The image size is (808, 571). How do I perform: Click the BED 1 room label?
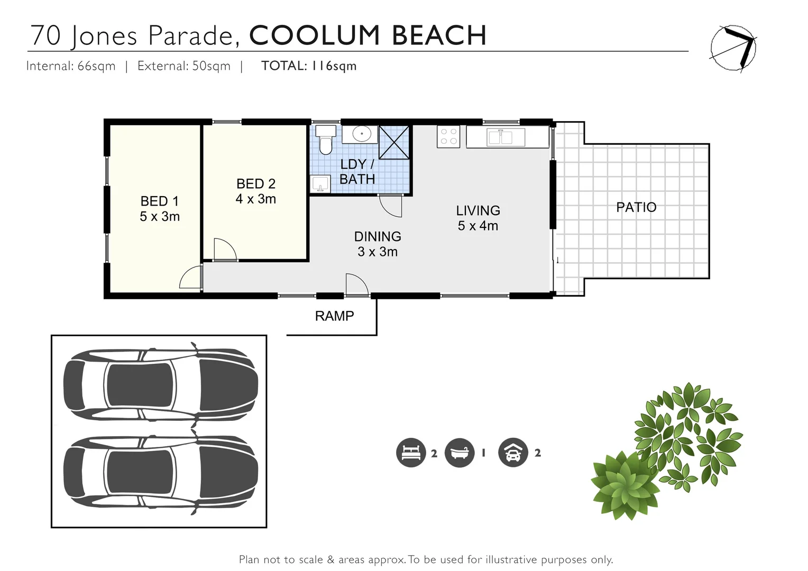pyautogui.click(x=160, y=201)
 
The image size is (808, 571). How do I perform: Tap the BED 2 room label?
pyautogui.click(x=256, y=183)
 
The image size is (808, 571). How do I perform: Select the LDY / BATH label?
pyautogui.click(x=357, y=172)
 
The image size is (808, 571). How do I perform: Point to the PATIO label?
pyautogui.click(x=636, y=207)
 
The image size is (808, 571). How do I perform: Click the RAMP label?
pyautogui.click(x=334, y=316)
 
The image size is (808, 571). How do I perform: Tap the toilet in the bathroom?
pyautogui.click(x=326, y=140)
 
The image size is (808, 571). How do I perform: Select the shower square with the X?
pyautogui.click(x=394, y=142)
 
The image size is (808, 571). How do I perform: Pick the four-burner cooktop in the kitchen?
pyautogui.click(x=448, y=137)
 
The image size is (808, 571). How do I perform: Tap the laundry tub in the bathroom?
pyautogui.click(x=320, y=184)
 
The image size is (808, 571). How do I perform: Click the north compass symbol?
pyautogui.click(x=733, y=48)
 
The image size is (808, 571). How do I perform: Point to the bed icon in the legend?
pyautogui.click(x=411, y=453)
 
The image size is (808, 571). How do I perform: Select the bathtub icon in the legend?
pyautogui.click(x=460, y=453)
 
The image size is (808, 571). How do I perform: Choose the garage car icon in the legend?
pyautogui.click(x=513, y=453)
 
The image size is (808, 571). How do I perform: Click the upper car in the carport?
pyautogui.click(x=161, y=384)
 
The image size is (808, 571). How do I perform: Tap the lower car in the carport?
pyautogui.click(x=161, y=472)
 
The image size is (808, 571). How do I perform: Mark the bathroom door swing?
pyautogui.click(x=390, y=206)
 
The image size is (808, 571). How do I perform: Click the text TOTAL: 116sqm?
pyautogui.click(x=309, y=66)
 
